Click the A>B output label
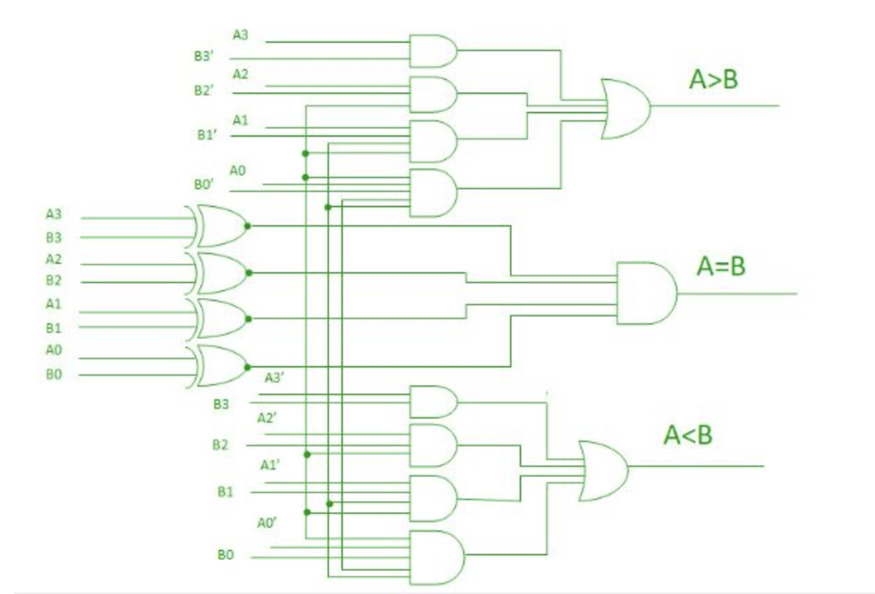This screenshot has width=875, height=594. [713, 80]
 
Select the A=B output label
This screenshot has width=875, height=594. [721, 267]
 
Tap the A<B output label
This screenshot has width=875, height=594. [688, 436]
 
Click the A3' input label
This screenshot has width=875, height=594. [274, 378]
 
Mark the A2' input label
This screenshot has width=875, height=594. [267, 419]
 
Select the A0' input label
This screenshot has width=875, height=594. [267, 524]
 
